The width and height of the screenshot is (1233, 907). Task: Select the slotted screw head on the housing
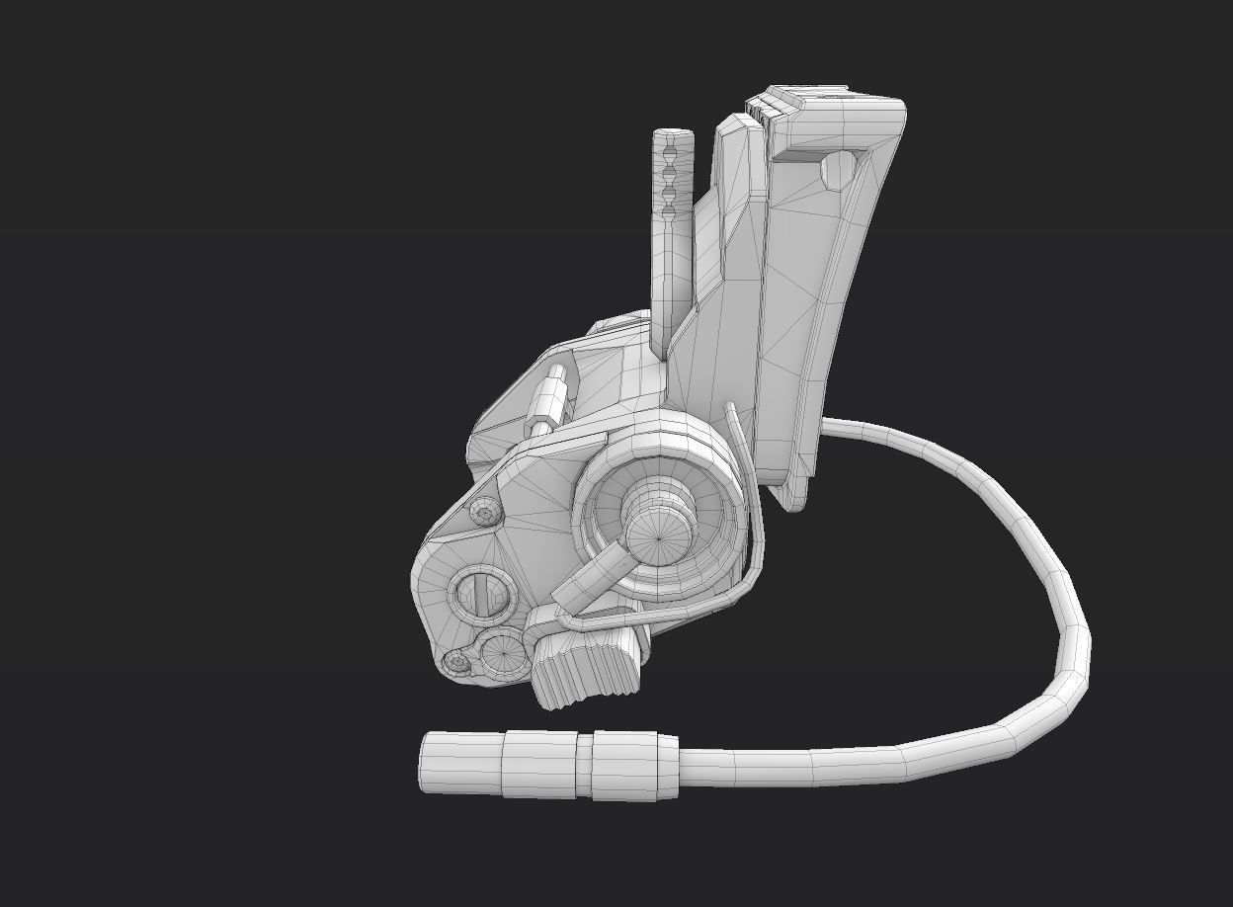(481, 594)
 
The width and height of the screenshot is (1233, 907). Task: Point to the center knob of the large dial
(656, 535)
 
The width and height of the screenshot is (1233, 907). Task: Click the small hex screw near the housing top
(484, 513)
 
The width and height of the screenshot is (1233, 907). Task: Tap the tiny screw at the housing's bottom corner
(457, 663)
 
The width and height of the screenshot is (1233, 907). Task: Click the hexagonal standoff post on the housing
(549, 401)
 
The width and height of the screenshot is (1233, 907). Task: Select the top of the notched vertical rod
(672, 136)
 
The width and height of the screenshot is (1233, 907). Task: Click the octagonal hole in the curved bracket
(838, 170)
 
